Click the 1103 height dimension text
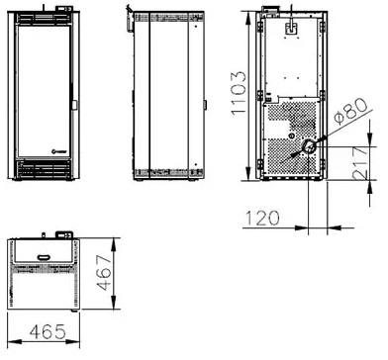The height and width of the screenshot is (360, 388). [x=239, y=93]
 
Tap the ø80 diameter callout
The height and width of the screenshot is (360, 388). [x=350, y=112]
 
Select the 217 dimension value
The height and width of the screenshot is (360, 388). [x=359, y=163]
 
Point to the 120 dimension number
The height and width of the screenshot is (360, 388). [x=262, y=218]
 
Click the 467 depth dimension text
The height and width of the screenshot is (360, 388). [x=106, y=272]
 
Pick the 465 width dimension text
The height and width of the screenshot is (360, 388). [x=48, y=331]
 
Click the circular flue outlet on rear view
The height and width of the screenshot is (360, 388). [x=309, y=145]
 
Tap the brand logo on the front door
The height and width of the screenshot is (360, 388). [x=59, y=151]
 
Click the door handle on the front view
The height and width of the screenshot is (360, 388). [x=74, y=105]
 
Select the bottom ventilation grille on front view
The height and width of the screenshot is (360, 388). [x=44, y=169]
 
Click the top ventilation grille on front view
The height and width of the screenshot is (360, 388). [x=44, y=19]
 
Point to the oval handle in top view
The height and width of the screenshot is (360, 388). [x=44, y=257]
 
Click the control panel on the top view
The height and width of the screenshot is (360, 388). [x=63, y=234]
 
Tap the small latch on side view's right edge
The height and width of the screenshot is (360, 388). [x=205, y=105]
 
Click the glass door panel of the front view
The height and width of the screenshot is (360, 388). [x=44, y=91]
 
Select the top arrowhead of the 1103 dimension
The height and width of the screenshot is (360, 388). [x=248, y=18]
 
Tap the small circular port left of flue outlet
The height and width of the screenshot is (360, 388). [x=291, y=136]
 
